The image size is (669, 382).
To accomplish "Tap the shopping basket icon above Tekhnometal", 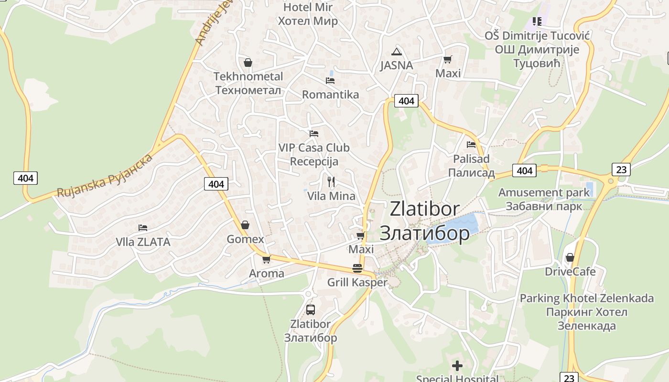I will pos(248,63).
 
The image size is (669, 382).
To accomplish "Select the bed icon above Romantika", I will pos(330,80).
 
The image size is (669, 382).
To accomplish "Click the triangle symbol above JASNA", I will pos(396,52).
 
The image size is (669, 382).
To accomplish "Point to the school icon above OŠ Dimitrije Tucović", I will pos(537,21).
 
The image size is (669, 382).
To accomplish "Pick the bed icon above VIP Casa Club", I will pos(314,133).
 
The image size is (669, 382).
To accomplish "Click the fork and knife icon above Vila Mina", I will pos(331,181).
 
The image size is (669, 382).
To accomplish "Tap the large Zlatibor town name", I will pos(424,221).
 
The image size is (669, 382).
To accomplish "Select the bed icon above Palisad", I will pos(472,144).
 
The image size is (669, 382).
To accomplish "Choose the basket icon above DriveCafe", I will pos(570,257).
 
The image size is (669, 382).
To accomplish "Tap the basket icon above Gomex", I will pos(245,225).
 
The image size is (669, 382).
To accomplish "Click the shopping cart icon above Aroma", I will pos(266,259).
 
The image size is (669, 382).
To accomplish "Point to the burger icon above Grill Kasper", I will pos(357,268).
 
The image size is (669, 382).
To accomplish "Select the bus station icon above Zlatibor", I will pos(311,309).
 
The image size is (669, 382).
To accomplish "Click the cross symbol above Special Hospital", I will pos(457,366).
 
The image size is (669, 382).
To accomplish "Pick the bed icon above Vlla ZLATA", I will pos(143,228).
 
